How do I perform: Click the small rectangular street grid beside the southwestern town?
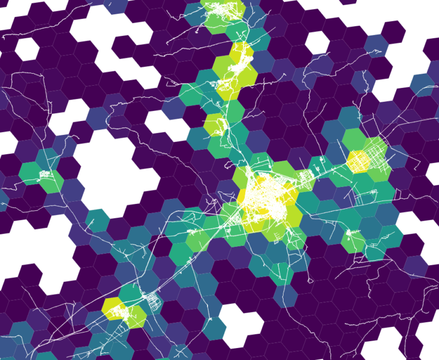[x=153, y=301]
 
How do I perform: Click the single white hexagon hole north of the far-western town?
[x=27, y=49]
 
